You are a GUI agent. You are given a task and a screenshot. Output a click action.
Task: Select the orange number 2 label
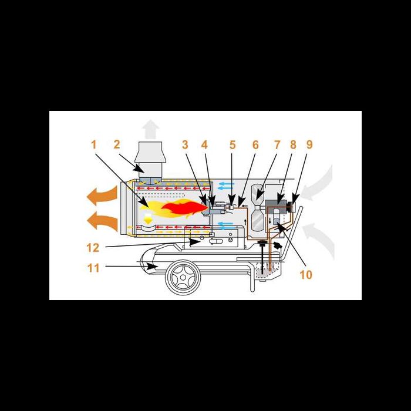point(116,144)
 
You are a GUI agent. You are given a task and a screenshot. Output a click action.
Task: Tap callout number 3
point(185,144)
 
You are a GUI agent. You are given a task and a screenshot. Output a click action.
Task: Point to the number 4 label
point(204,144)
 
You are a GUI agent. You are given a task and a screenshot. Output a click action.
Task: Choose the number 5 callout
point(233,144)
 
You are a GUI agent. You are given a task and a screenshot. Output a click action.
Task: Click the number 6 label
point(255,144)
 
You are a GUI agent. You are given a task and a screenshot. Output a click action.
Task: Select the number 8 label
point(293,144)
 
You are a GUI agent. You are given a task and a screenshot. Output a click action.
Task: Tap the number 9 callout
point(309,144)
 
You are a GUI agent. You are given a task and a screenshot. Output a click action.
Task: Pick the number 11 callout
point(94,268)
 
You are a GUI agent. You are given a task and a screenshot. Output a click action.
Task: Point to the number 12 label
point(94,248)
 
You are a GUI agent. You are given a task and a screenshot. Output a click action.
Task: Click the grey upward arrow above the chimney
point(151,128)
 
